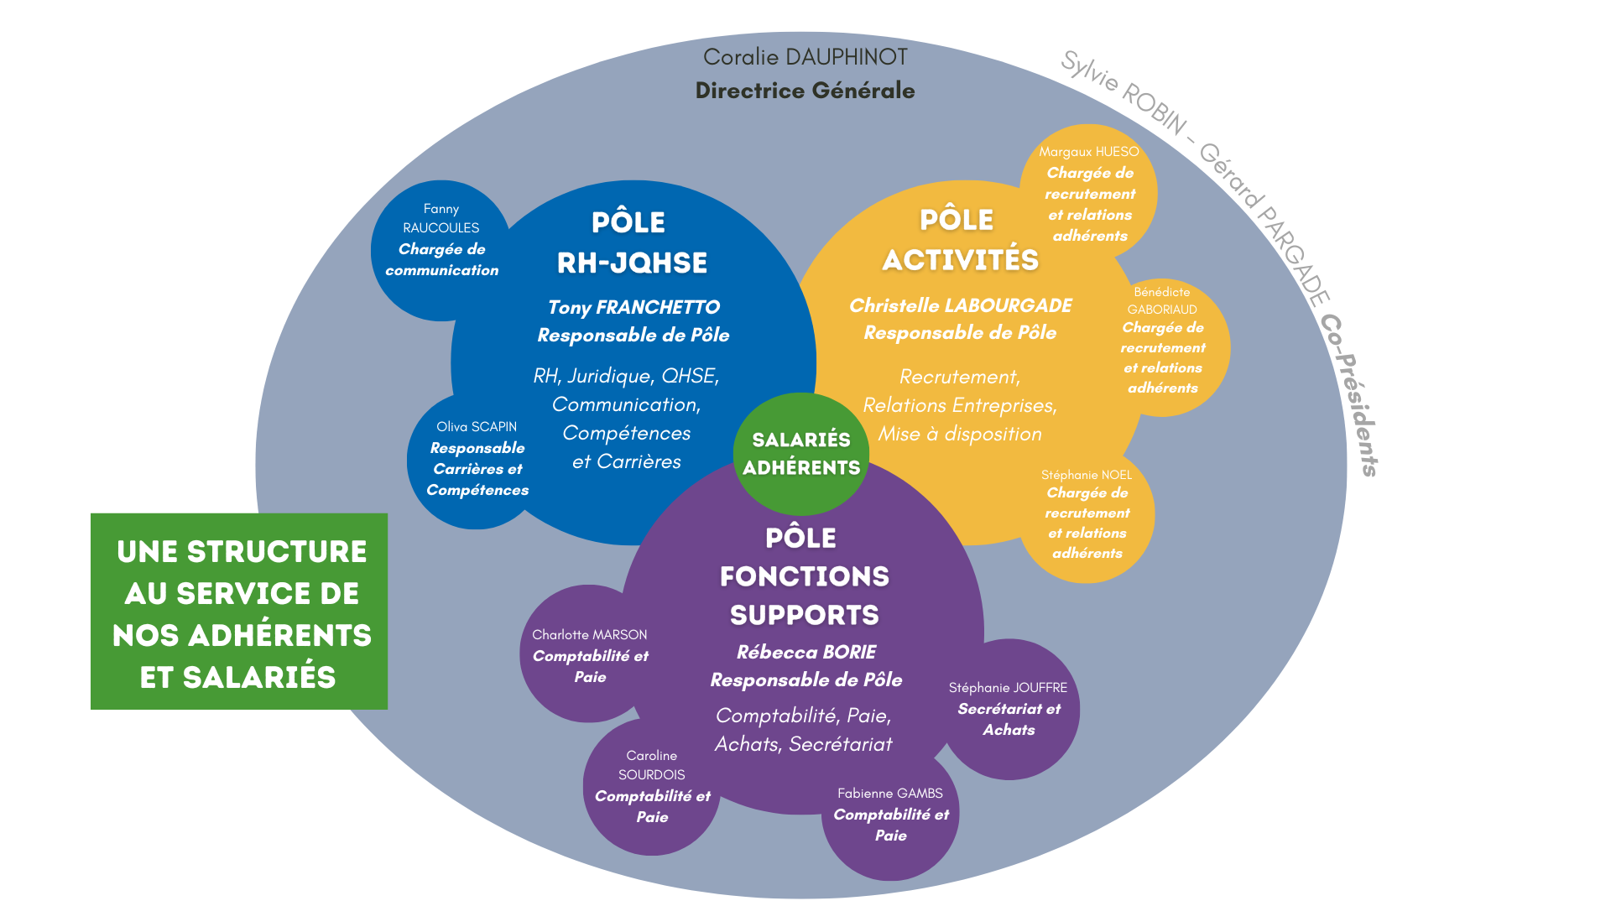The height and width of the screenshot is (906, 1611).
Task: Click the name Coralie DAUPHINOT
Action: (x=805, y=57)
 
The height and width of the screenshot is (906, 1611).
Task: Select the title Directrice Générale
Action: (x=805, y=91)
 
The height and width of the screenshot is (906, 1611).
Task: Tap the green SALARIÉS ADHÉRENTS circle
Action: (x=801, y=454)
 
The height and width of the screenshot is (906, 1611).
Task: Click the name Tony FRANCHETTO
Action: (x=633, y=307)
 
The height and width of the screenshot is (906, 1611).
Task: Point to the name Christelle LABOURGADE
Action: (x=960, y=305)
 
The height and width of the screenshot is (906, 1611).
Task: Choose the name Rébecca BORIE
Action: (x=805, y=652)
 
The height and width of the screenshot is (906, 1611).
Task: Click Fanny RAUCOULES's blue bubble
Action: (x=441, y=249)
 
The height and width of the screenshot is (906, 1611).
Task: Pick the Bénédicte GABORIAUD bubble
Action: (x=1163, y=346)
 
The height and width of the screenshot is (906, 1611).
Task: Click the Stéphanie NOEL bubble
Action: (x=1087, y=516)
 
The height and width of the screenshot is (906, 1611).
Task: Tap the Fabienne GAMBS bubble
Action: (x=890, y=816)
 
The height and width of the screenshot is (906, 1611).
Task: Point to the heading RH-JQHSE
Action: (x=632, y=263)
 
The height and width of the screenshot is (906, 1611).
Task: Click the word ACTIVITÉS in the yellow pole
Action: (x=960, y=260)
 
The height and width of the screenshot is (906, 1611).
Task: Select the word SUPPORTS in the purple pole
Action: (x=804, y=615)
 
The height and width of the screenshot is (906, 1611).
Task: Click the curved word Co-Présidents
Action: (x=1348, y=394)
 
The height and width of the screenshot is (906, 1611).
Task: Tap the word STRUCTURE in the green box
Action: (x=276, y=552)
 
